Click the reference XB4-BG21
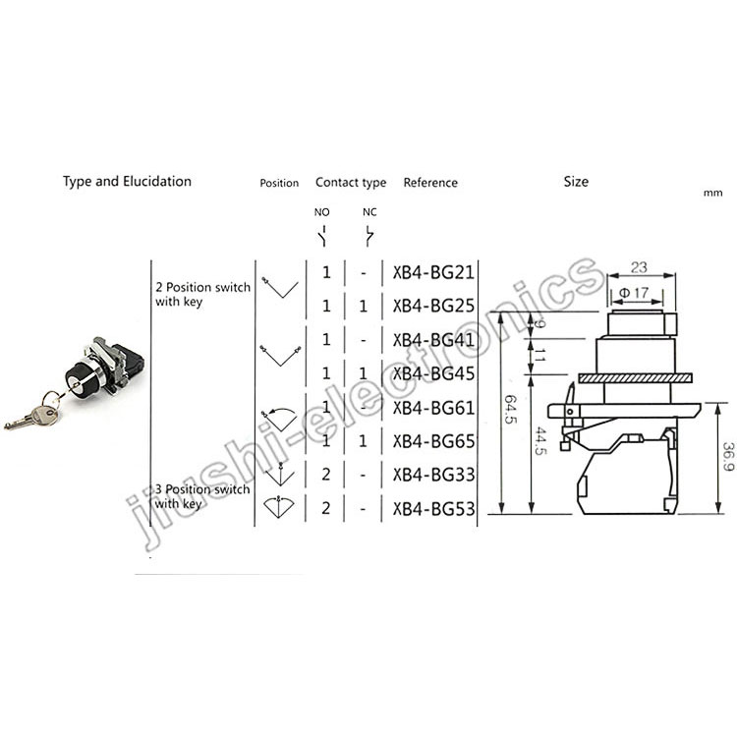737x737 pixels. pyautogui.click(x=433, y=272)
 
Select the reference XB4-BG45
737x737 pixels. pyautogui.click(x=433, y=373)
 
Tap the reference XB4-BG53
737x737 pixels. pyautogui.click(x=433, y=509)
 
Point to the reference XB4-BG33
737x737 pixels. pyautogui.click(x=433, y=475)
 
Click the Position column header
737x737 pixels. pyautogui.click(x=279, y=183)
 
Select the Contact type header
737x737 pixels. pyautogui.click(x=351, y=183)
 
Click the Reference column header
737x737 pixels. pyautogui.click(x=430, y=183)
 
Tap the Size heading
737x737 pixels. pyautogui.click(x=576, y=182)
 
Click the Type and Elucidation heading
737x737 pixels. pyautogui.click(x=127, y=182)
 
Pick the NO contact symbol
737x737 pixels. pyautogui.click(x=323, y=236)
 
